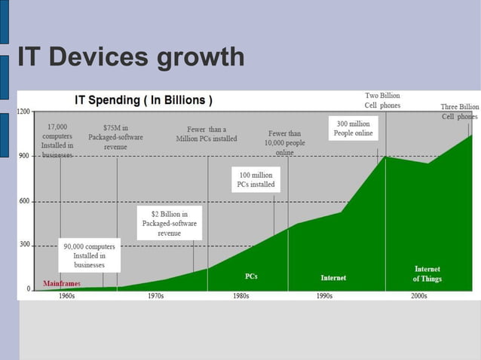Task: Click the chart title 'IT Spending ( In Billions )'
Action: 142,100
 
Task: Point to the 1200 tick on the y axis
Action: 24,111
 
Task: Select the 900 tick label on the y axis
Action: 24,156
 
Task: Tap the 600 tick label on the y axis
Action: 24,200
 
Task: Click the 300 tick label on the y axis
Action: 24,245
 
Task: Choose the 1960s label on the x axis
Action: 66,296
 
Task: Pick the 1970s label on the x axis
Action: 157,296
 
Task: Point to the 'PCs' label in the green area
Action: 251,276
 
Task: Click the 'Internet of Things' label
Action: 427,274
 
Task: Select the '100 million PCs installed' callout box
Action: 256,180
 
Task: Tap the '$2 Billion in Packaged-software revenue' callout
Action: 169,224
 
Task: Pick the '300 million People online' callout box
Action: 353,128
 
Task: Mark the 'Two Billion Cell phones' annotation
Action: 382,101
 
